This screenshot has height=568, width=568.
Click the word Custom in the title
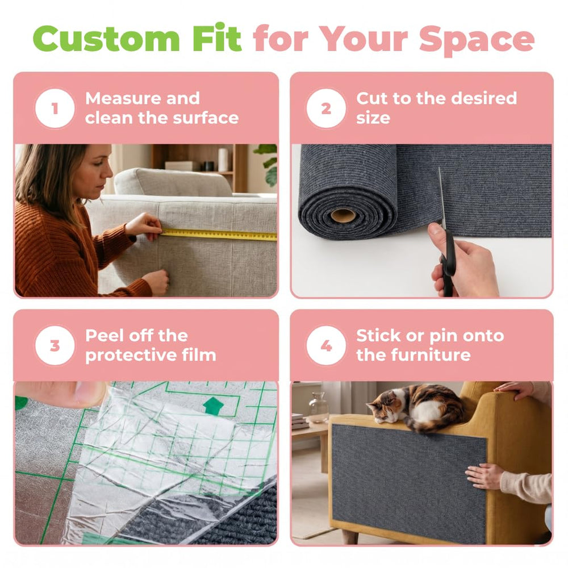(x=106, y=39)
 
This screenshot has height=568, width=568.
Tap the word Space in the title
(x=477, y=40)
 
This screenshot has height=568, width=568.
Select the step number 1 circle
(x=55, y=108)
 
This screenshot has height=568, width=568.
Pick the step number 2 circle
(x=326, y=108)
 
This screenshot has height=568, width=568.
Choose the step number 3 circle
(x=55, y=345)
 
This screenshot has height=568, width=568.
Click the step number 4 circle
(x=326, y=345)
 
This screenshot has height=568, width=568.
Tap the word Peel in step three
(x=103, y=336)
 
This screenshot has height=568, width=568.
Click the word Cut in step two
(x=371, y=98)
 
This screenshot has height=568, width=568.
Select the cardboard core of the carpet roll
(x=343, y=215)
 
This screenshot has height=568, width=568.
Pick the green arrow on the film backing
(x=214, y=405)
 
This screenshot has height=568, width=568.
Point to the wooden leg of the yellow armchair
(x=350, y=536)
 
